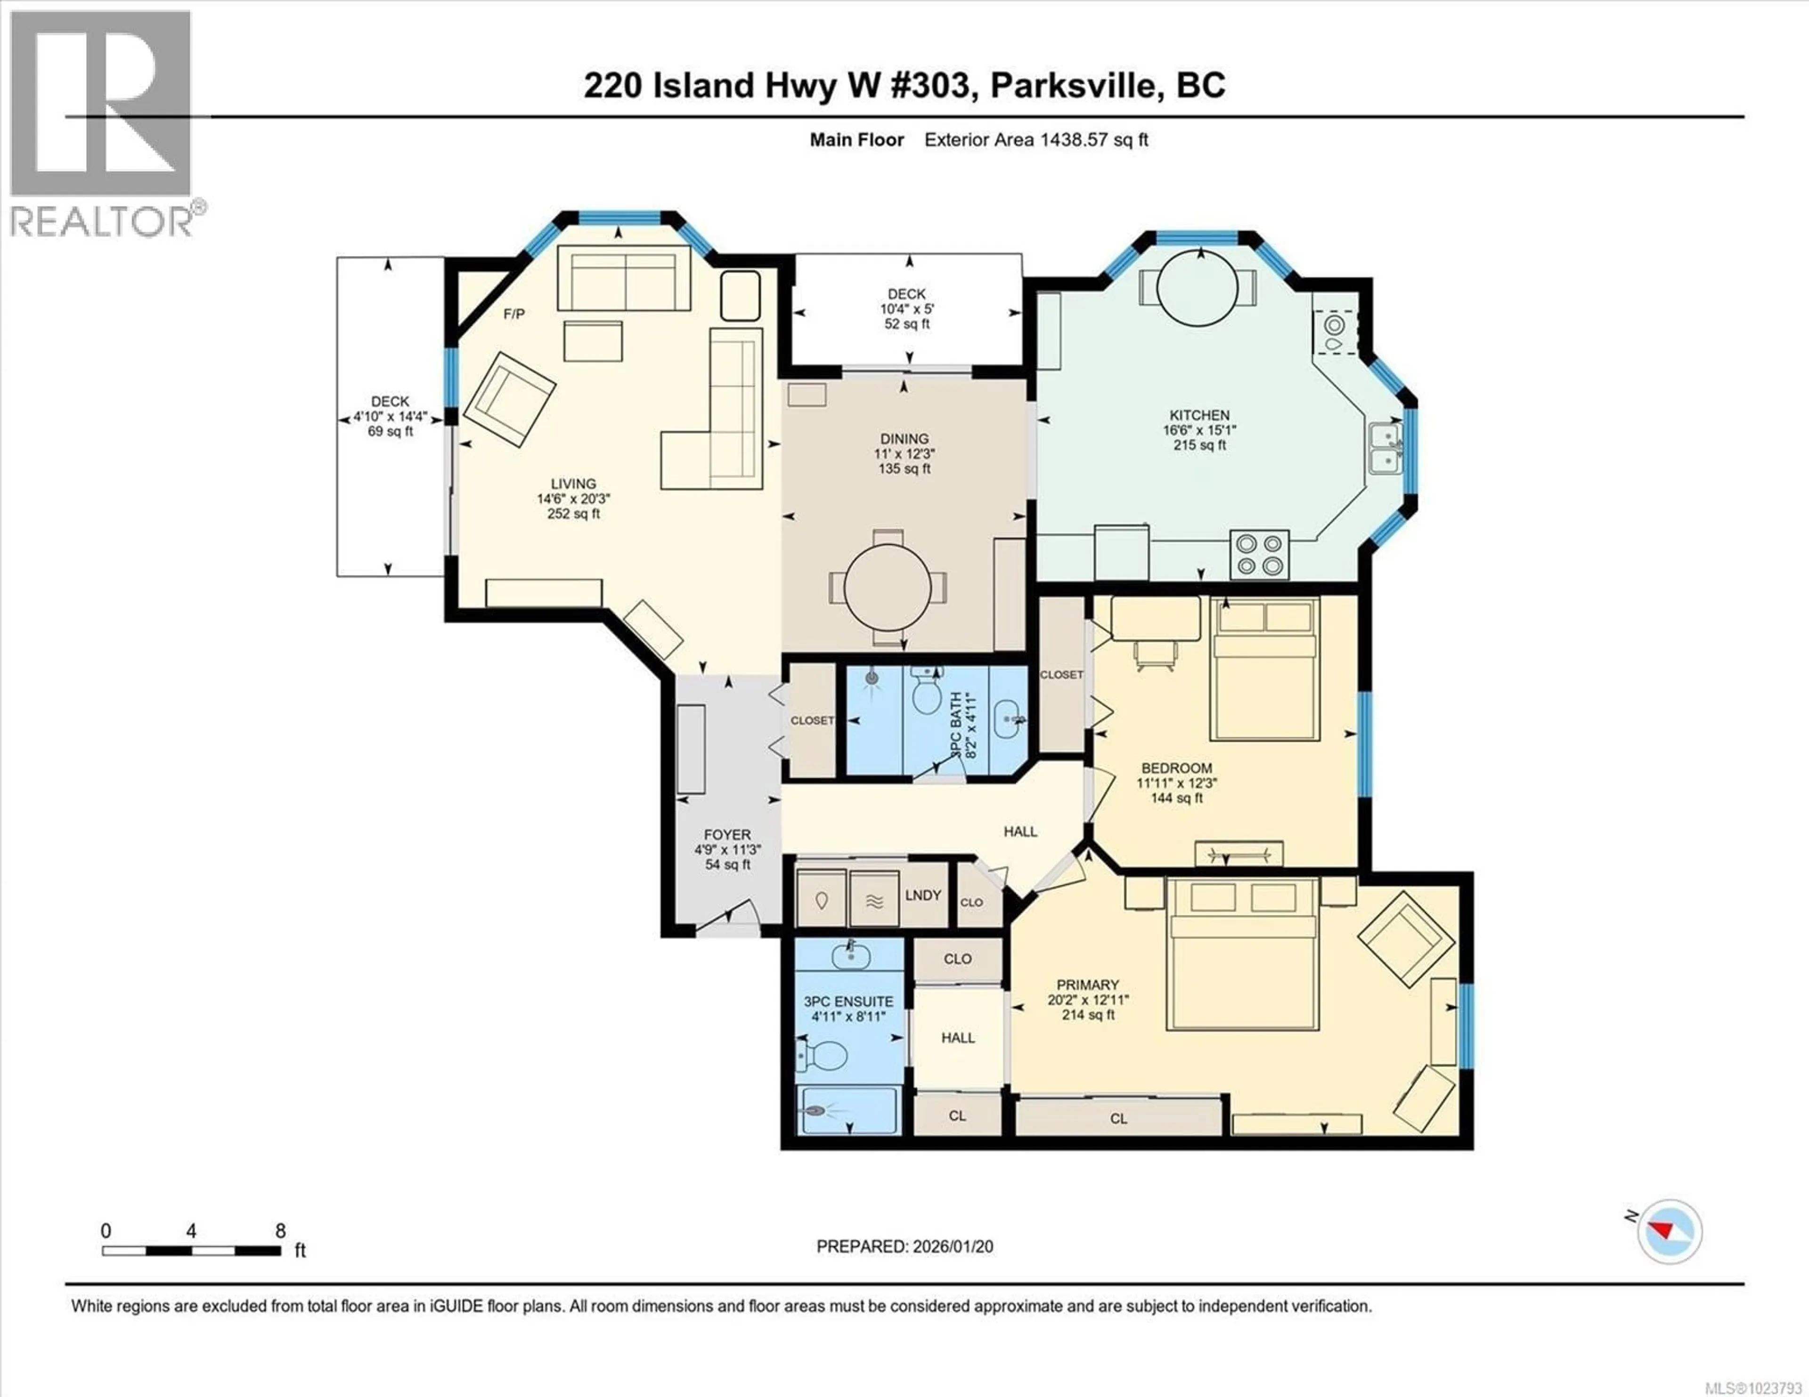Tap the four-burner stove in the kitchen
point(1259,554)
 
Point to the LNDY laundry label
point(923,895)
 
